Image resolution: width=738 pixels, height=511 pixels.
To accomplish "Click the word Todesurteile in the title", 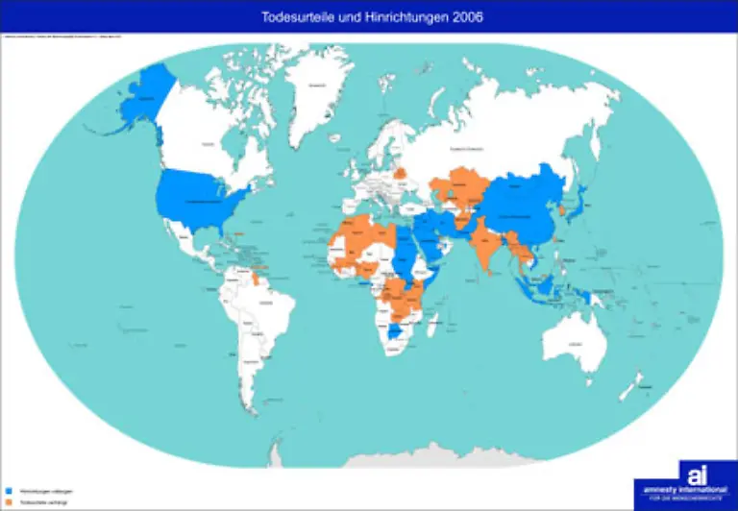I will coord(292,17).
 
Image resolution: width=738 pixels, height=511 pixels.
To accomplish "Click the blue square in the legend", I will coord(9,491).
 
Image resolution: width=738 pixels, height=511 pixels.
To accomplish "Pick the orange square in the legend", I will coord(9,501).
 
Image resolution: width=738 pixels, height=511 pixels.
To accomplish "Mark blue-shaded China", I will coord(524,207).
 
